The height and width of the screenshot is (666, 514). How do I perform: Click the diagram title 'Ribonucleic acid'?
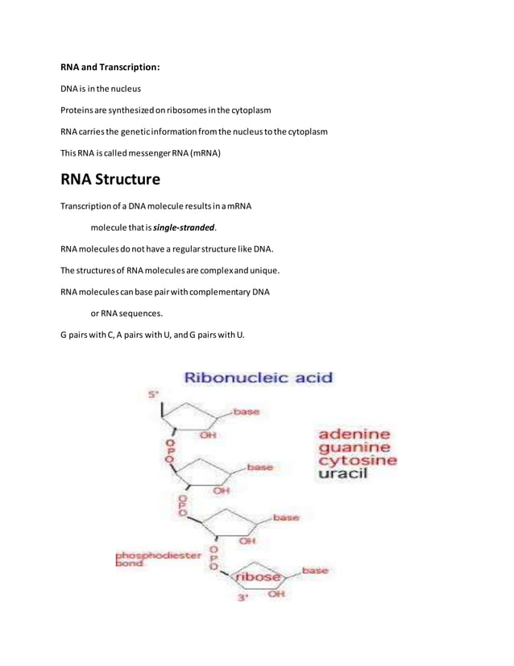tap(259, 377)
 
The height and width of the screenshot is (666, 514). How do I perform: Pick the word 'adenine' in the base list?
tap(353, 435)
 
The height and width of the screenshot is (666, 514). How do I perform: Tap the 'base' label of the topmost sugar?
tap(247, 412)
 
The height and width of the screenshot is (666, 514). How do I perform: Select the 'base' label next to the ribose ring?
tap(314, 570)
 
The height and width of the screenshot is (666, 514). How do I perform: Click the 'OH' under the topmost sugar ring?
tap(208, 435)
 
